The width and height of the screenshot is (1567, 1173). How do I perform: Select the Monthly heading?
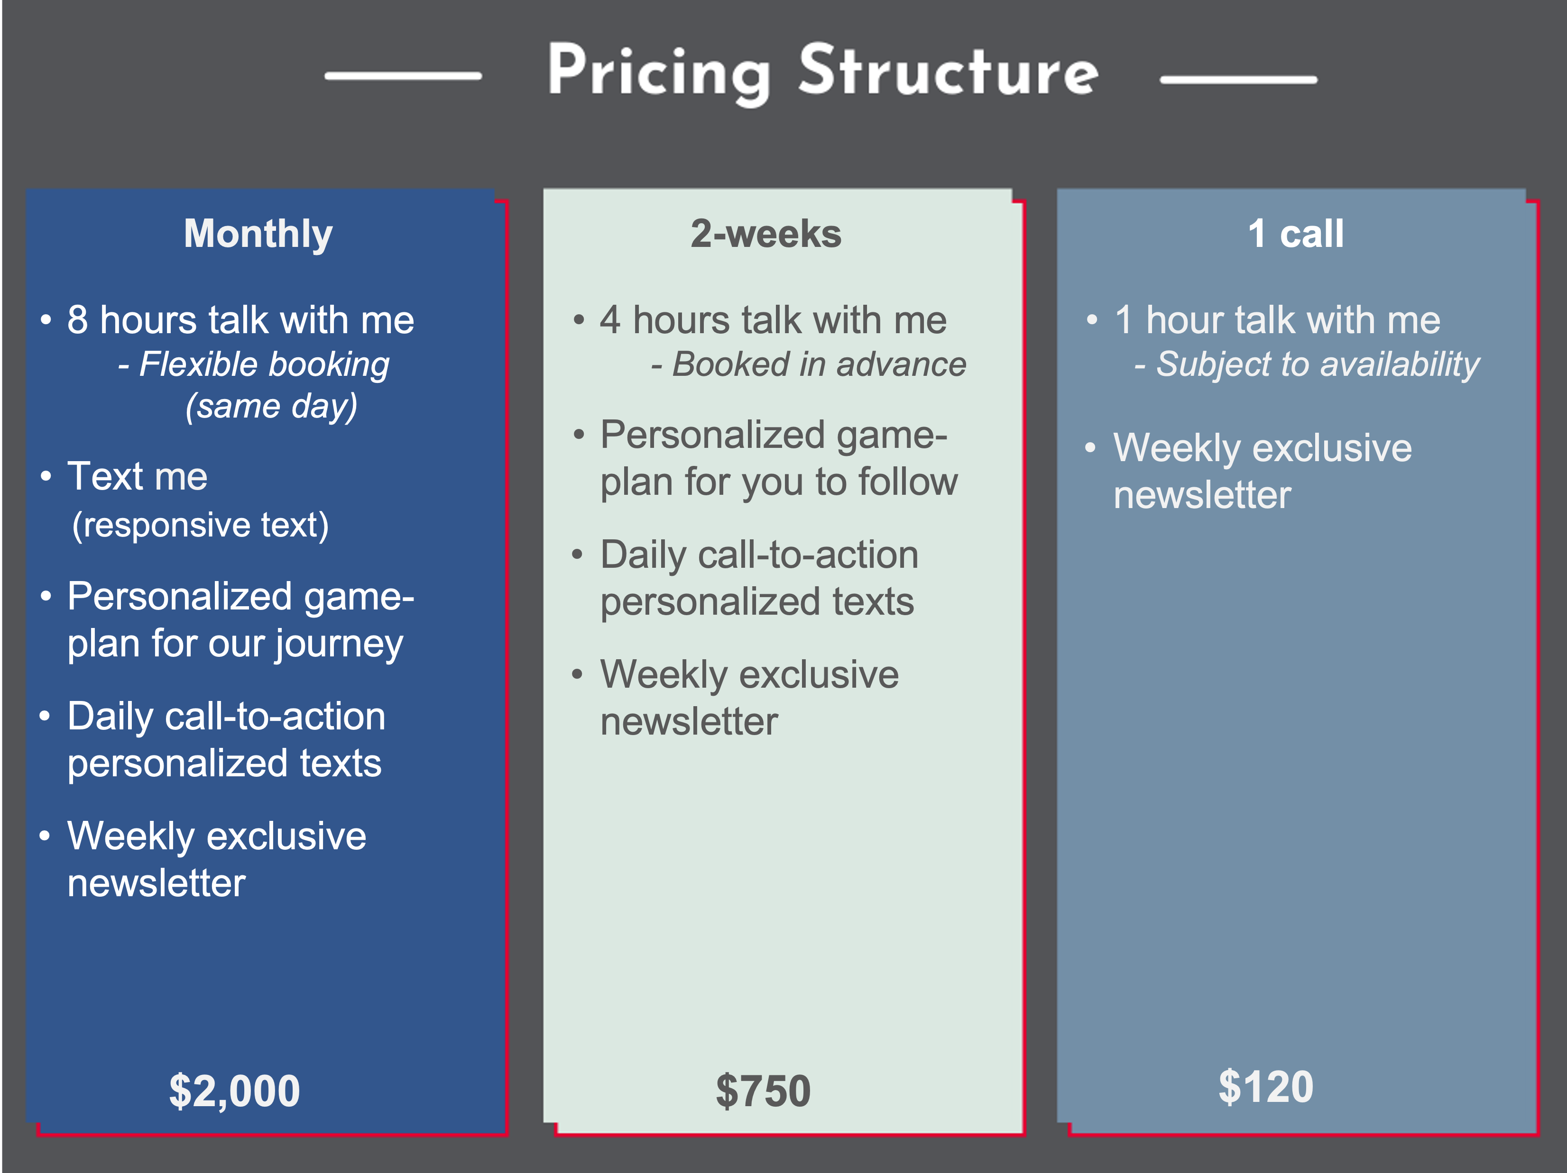point(258,234)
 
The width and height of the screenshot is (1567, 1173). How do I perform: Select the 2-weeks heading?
point(766,234)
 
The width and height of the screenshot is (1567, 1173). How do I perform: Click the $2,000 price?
point(234,1091)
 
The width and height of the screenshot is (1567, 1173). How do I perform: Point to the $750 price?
point(763,1091)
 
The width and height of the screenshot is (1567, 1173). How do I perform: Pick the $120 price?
point(1266,1087)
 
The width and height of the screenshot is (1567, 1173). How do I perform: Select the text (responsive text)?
point(201,525)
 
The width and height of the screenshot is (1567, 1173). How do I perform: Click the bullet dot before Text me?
point(46,476)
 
